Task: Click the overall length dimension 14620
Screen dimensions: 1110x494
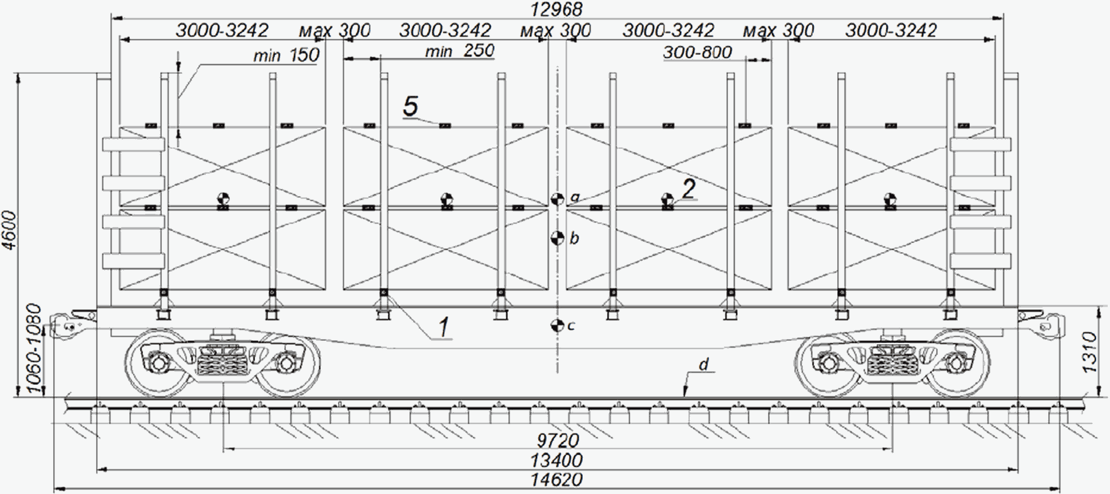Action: click(556, 479)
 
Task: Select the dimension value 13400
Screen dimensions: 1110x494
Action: click(556, 460)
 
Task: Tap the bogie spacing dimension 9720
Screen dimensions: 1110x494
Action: click(558, 440)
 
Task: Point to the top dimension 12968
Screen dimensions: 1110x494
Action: click(556, 9)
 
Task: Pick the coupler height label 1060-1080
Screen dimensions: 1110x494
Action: click(34, 349)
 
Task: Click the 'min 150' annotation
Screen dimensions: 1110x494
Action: click(286, 55)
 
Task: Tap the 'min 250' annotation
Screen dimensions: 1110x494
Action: click(459, 51)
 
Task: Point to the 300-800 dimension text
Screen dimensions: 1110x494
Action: click(698, 52)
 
